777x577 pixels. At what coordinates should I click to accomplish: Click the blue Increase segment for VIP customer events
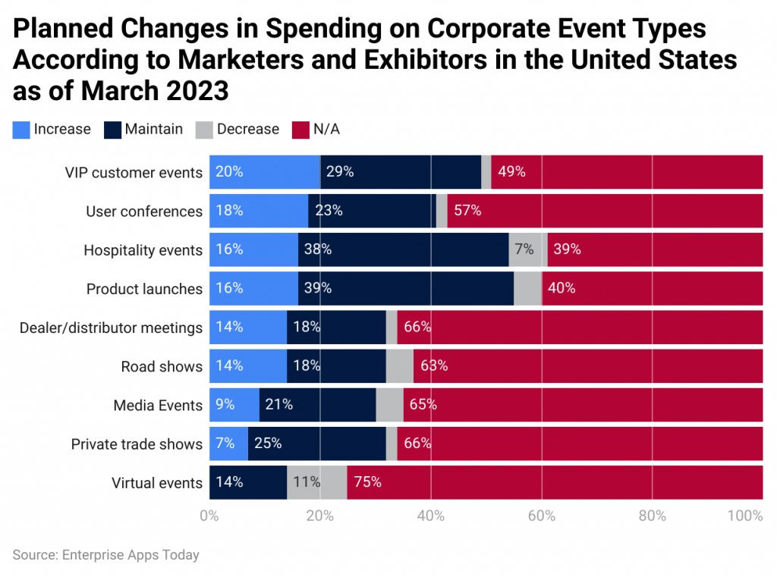(264, 172)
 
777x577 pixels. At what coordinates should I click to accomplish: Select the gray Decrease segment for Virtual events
(316, 483)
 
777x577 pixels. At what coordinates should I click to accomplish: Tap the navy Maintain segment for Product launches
(406, 289)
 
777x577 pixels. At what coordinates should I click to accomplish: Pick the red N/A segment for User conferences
(605, 211)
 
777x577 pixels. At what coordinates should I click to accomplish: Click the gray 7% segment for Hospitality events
(525, 249)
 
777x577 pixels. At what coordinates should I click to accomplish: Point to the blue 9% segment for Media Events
(234, 405)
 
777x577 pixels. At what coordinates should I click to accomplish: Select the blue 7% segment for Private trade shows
(228, 444)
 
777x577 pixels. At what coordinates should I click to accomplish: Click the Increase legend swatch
(21, 130)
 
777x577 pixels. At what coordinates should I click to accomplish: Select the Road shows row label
(162, 366)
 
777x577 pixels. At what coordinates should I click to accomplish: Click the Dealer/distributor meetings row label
(111, 328)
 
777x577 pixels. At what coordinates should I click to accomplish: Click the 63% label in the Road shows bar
(433, 366)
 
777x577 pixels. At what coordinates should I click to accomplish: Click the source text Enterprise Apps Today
(131, 555)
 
